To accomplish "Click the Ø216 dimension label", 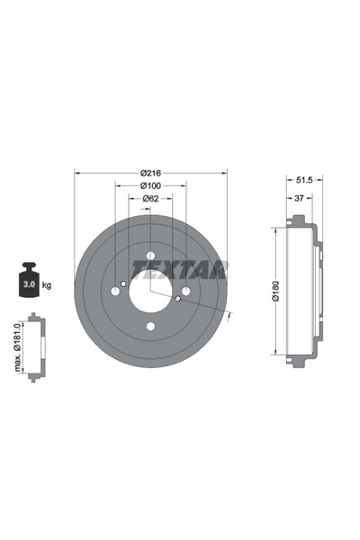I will pos(150,174).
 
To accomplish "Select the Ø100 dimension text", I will pos(150,187).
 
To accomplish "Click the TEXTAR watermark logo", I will pos(180,268).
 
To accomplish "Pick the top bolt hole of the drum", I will pos(151,256).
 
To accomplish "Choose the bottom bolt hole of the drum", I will pos(151,326).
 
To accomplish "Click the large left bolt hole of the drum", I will pos(116,291).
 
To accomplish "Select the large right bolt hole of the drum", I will pos(185,291).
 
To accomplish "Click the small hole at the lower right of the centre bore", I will pos(178,299).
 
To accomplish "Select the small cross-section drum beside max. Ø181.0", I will pos(34,346).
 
